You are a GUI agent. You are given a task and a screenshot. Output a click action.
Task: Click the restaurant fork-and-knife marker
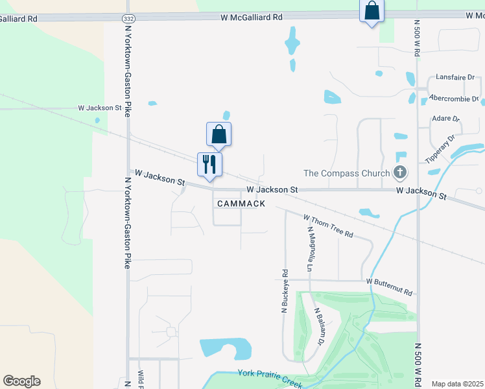[x=209, y=163]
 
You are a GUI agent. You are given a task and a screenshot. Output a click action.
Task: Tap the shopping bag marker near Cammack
[x=219, y=134]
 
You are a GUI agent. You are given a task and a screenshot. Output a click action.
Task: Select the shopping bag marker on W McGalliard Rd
[x=372, y=10]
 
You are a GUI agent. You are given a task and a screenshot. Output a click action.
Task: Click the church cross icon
[x=400, y=172]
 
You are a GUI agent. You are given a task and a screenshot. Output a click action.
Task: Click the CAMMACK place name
[x=241, y=204]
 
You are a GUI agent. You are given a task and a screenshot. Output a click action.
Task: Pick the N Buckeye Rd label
[x=284, y=292]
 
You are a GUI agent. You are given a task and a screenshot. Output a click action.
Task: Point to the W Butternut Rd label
[x=389, y=282]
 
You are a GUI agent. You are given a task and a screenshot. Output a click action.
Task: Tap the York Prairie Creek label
[x=270, y=378]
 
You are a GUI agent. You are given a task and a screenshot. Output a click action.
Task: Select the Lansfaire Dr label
[x=451, y=77]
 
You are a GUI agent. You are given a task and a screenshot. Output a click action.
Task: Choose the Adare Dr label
[x=445, y=119]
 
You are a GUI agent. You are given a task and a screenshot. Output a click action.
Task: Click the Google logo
[x=21, y=381]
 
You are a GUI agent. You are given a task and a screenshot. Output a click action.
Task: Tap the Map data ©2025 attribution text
[x=457, y=384]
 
